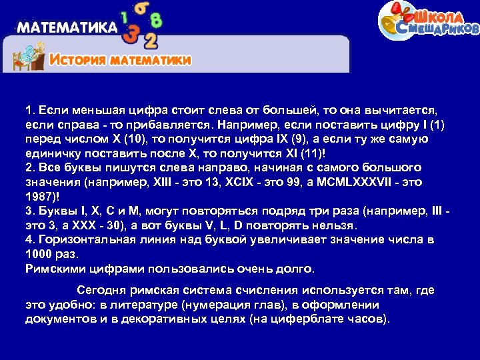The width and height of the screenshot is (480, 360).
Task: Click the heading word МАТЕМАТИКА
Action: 67,29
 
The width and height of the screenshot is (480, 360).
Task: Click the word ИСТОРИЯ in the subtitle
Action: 79,60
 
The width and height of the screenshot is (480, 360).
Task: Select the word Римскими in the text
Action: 53,269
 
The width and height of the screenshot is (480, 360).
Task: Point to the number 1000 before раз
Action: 38,254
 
